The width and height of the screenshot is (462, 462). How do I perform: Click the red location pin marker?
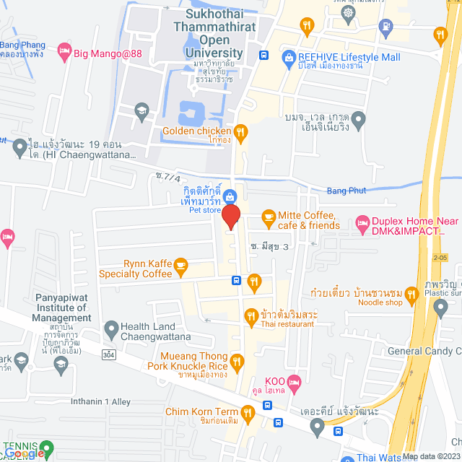tap(230, 217)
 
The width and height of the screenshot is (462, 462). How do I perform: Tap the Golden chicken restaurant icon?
tap(241, 132)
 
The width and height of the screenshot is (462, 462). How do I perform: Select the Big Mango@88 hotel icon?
tap(64, 51)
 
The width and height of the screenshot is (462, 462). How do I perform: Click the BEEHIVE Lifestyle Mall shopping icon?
tap(289, 56)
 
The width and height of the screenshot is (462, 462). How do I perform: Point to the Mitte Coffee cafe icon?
tap(269, 216)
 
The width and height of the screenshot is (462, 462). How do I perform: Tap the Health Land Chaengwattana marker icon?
tap(111, 330)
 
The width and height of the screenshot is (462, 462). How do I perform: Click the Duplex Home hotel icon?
tap(362, 225)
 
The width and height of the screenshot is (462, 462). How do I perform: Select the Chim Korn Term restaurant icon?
tap(247, 412)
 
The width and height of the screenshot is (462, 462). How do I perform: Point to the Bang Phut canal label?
tap(346, 191)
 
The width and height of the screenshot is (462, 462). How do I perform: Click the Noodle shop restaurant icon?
tap(411, 294)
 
